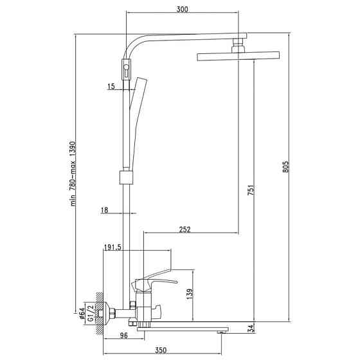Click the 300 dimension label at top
click(x=183, y=9)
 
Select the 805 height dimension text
click(x=285, y=166)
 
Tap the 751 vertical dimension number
click(x=251, y=190)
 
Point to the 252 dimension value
click(x=185, y=230)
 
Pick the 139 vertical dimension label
click(x=190, y=294)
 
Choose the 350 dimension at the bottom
click(x=161, y=350)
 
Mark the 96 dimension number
click(x=123, y=336)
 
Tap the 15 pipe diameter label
click(x=111, y=86)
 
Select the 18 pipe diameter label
click(x=104, y=210)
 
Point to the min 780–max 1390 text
click(x=73, y=174)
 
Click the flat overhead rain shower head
click(x=239, y=57)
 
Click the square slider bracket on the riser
click(x=126, y=177)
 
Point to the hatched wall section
click(x=99, y=314)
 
